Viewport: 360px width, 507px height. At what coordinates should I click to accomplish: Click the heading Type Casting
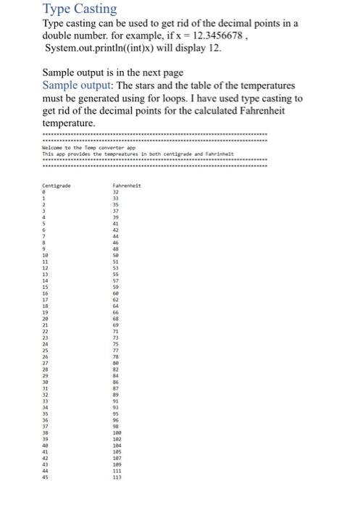[80, 9]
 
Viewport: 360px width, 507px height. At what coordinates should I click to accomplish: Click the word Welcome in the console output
[53, 148]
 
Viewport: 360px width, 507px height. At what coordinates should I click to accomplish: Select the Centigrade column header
[56, 185]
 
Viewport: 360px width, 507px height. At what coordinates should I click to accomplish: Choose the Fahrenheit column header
[127, 185]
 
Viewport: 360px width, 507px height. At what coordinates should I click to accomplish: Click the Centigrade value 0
[43, 192]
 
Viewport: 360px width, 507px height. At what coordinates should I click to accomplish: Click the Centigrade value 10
[45, 257]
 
